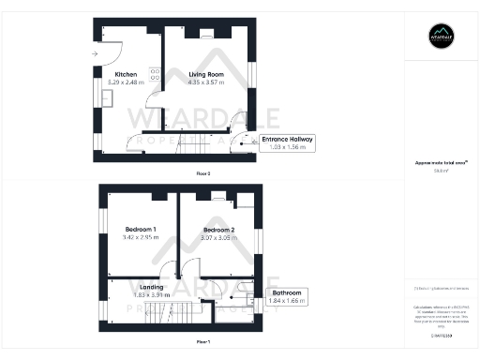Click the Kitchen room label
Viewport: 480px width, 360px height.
point(126,75)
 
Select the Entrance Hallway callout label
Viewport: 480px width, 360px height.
point(288,140)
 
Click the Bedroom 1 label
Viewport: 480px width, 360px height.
point(141,230)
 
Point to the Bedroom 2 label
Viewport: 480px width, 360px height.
point(218,230)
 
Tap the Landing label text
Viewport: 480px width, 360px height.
point(152,287)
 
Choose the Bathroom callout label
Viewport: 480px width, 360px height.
point(286,293)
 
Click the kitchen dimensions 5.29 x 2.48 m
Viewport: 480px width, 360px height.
point(126,83)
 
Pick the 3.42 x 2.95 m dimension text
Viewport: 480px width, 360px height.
point(141,238)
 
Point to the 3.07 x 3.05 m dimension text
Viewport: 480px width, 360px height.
point(218,238)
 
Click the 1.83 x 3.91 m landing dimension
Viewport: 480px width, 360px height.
point(152,295)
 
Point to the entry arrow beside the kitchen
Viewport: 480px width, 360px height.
point(96,53)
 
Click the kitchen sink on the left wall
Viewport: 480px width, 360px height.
point(98,97)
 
